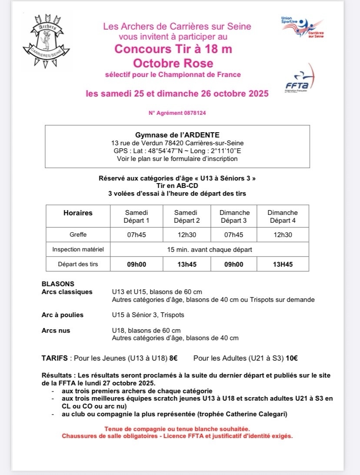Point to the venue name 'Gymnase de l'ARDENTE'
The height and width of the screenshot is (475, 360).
tap(177, 134)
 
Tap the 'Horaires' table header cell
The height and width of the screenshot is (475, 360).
tap(78, 213)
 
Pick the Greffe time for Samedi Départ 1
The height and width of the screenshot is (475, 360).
tap(137, 234)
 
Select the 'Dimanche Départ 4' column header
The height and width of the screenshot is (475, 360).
tap(282, 216)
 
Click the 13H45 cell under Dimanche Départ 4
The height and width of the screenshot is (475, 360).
tap(282, 264)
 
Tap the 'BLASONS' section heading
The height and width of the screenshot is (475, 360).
tap(58, 284)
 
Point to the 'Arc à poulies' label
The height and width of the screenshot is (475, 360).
tap(62, 314)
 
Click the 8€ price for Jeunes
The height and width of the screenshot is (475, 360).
tap(173, 358)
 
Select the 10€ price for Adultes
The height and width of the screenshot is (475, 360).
tap(292, 358)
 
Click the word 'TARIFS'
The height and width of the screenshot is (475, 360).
tap(54, 358)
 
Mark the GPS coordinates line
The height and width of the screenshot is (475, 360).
tap(177, 151)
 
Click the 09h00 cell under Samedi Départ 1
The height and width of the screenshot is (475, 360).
tap(137, 264)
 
